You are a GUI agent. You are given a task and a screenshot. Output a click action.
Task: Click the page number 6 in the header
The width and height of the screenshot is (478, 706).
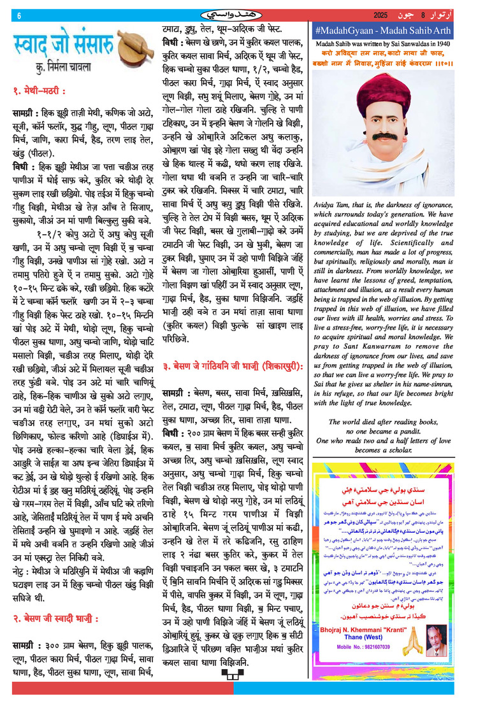point(19,15)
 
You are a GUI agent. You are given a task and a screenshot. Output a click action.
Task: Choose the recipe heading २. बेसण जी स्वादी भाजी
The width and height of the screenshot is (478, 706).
point(56,617)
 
